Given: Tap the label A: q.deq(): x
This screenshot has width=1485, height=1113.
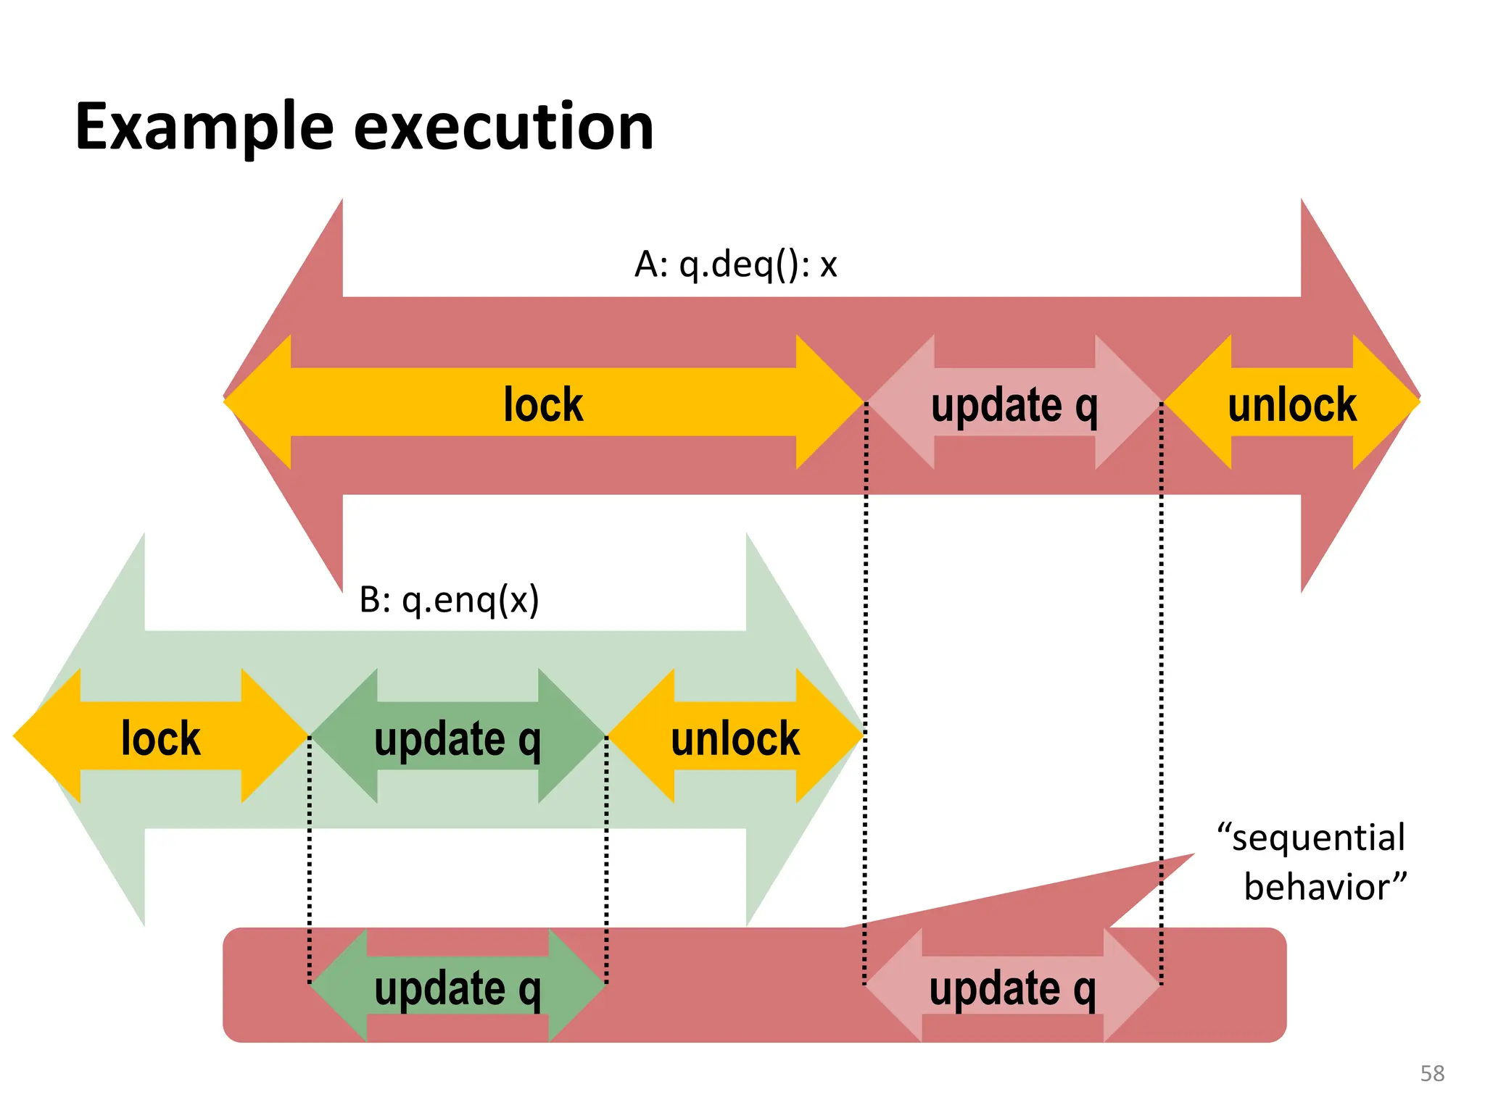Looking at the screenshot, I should [735, 264].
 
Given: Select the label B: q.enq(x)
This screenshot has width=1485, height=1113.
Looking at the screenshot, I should [449, 600].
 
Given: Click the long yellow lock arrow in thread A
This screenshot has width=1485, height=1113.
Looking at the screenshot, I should [543, 403].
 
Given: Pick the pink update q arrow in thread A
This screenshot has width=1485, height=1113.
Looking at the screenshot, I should [1014, 403].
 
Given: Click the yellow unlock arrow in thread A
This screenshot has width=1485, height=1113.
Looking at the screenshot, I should [1291, 403].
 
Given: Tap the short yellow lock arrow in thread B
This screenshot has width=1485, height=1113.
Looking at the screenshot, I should [160, 737].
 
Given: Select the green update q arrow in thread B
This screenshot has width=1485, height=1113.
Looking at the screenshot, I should [457, 737].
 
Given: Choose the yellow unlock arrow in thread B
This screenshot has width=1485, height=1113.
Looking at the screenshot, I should [735, 737].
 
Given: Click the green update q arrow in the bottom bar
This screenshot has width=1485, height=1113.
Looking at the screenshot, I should [457, 987].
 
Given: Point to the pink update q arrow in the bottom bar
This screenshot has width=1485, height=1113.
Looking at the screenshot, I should [1012, 987].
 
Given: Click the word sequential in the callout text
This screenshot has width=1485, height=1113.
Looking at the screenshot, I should [1318, 838].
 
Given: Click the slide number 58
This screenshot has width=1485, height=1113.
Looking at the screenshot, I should [1432, 1073].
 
